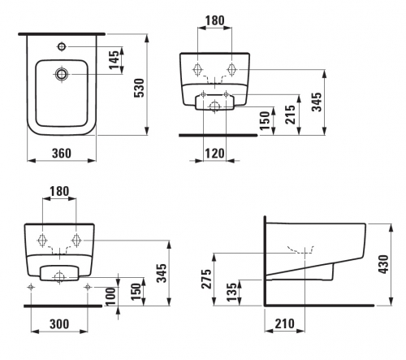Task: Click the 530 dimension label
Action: [140, 88]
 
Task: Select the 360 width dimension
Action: [62, 154]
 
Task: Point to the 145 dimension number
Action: [114, 60]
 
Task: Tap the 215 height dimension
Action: [290, 115]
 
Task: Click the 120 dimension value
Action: [214, 154]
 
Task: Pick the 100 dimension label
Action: [111, 297]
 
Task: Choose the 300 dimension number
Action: [59, 324]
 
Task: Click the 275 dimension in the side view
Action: [206, 279]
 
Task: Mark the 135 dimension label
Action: [231, 293]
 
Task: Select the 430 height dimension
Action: [384, 264]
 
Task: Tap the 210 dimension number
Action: [284, 323]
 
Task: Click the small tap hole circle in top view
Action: [62, 46]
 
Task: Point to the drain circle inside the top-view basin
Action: [62, 74]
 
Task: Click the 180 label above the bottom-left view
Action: [59, 191]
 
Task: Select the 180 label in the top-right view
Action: [215, 20]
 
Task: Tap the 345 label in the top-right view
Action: [317, 102]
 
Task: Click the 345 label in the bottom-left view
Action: [162, 273]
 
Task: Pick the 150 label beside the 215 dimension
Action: [265, 121]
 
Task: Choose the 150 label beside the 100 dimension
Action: [136, 292]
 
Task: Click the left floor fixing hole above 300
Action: [31, 287]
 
